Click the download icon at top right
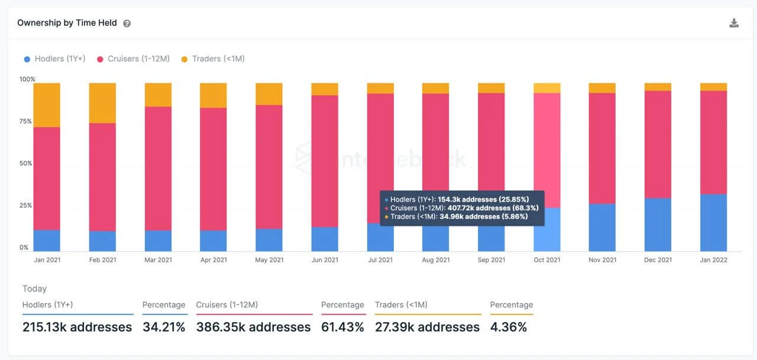click(x=734, y=23)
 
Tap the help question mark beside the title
click(x=127, y=24)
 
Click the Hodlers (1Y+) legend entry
click(x=54, y=59)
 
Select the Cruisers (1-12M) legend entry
click(x=133, y=59)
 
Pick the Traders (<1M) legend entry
click(x=212, y=59)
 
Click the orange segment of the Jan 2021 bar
click(x=47, y=105)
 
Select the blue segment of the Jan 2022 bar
click(x=713, y=222)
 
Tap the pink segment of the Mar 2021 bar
click(x=158, y=168)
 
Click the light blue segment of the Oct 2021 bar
click(x=547, y=230)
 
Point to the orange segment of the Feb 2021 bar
click(x=102, y=103)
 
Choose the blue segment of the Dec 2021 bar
click(x=658, y=225)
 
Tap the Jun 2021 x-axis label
click(x=325, y=260)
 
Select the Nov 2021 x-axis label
click(x=602, y=260)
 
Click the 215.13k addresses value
click(x=77, y=327)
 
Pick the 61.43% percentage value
click(x=342, y=327)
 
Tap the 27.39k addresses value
click(x=427, y=327)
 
